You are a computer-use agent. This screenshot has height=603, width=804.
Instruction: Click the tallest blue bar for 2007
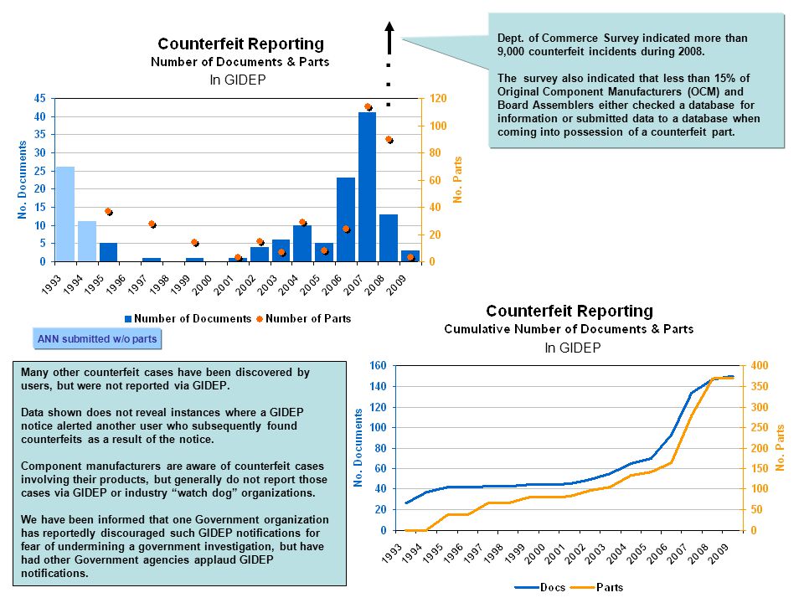coord(367,187)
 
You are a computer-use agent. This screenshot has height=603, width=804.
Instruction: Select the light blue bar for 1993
coord(65,214)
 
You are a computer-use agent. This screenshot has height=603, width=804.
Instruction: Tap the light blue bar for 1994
coord(86,241)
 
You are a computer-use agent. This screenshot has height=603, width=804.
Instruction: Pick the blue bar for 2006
coord(346,219)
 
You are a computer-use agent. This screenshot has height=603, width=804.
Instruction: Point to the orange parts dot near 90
coord(389,140)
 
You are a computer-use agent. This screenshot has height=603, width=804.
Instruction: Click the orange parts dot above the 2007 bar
coord(368,106)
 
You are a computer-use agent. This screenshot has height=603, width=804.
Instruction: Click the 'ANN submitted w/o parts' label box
coord(97,339)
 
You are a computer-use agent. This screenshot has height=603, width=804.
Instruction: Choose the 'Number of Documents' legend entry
coord(188,318)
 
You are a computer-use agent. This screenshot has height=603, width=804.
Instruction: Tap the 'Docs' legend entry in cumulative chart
coord(540,587)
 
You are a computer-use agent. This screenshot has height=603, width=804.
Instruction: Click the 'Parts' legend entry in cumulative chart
coord(597,587)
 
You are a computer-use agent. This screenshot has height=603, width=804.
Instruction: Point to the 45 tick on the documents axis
coord(40,98)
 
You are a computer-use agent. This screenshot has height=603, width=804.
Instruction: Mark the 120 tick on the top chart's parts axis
coord(437,98)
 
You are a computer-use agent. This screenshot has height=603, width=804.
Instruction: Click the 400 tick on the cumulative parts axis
coord(760,366)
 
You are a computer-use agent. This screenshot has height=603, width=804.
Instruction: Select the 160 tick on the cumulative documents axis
coord(378,366)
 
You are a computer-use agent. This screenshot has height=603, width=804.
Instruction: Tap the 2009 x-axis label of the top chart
coord(397,285)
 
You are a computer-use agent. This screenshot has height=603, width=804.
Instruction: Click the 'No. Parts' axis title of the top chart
coord(457,179)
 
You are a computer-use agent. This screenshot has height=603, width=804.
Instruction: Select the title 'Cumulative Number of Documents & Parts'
coord(569,329)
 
